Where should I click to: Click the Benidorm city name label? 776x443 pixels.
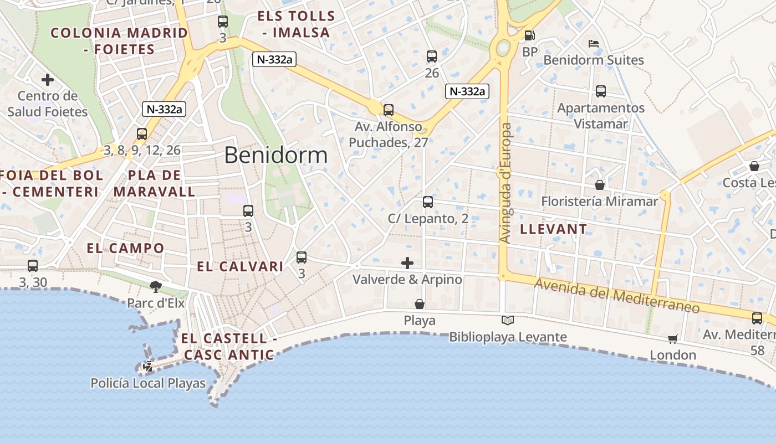pyautogui.click(x=275, y=156)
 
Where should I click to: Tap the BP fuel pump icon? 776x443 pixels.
pyautogui.click(x=529, y=36)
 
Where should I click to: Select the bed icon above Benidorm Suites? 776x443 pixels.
pyautogui.click(x=594, y=43)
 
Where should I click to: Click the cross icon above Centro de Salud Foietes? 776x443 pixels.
pyautogui.click(x=48, y=80)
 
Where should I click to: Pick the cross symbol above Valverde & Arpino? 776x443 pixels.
pyautogui.click(x=407, y=263)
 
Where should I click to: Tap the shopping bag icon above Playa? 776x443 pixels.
pyautogui.click(x=420, y=304)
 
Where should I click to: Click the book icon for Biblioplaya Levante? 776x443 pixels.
pyautogui.click(x=507, y=320)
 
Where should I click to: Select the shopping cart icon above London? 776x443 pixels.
pyautogui.click(x=672, y=339)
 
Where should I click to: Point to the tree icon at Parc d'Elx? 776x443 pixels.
pyautogui.click(x=155, y=286)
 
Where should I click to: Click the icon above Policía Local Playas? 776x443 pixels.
pyautogui.click(x=148, y=366)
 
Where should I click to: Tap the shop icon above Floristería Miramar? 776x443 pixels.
pyautogui.click(x=599, y=184)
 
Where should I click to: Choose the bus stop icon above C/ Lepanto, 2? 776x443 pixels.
pyautogui.click(x=427, y=202)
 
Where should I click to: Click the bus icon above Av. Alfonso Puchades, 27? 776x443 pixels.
pyautogui.click(x=388, y=110)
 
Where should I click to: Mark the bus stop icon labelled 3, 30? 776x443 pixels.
pyautogui.click(x=33, y=266)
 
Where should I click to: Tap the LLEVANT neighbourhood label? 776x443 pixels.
pyautogui.click(x=553, y=229)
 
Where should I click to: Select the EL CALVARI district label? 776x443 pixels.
pyautogui.click(x=240, y=266)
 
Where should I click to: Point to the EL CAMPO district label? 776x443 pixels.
pyautogui.click(x=125, y=248)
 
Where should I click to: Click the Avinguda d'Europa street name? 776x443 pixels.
pyautogui.click(x=506, y=183)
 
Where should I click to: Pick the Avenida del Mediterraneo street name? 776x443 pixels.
pyautogui.click(x=617, y=295)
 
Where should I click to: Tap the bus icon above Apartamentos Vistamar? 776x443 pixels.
pyautogui.click(x=601, y=91)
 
